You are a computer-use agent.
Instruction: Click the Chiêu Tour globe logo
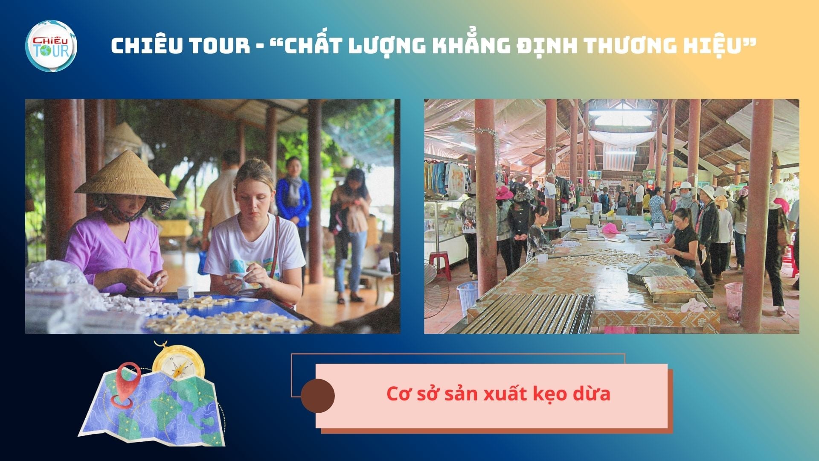[51, 46]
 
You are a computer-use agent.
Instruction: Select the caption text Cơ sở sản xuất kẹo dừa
[498, 394]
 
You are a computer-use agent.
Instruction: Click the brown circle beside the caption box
[318, 396]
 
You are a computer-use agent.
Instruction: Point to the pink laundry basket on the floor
[734, 301]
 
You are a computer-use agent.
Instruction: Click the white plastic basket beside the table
[467, 293]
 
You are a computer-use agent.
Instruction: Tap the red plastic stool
[440, 265]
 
